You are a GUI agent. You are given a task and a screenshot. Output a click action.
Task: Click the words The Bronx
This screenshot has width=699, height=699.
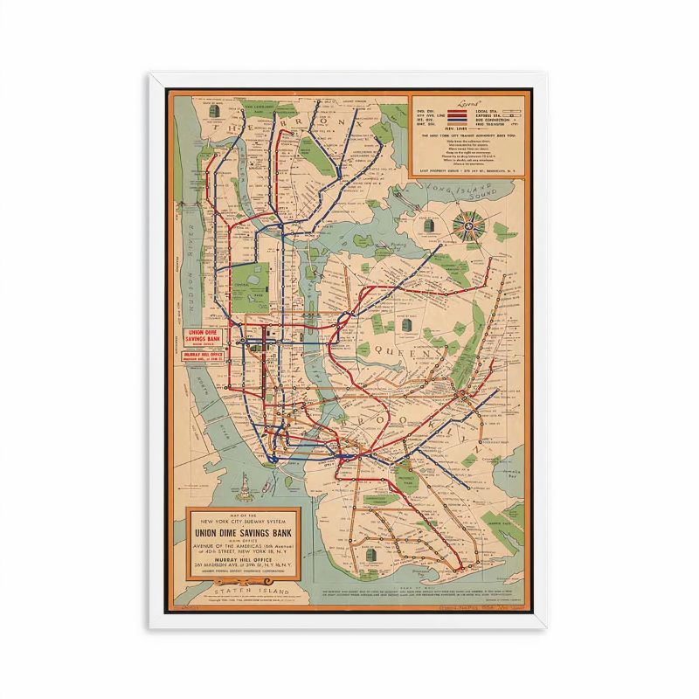[262, 131]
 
